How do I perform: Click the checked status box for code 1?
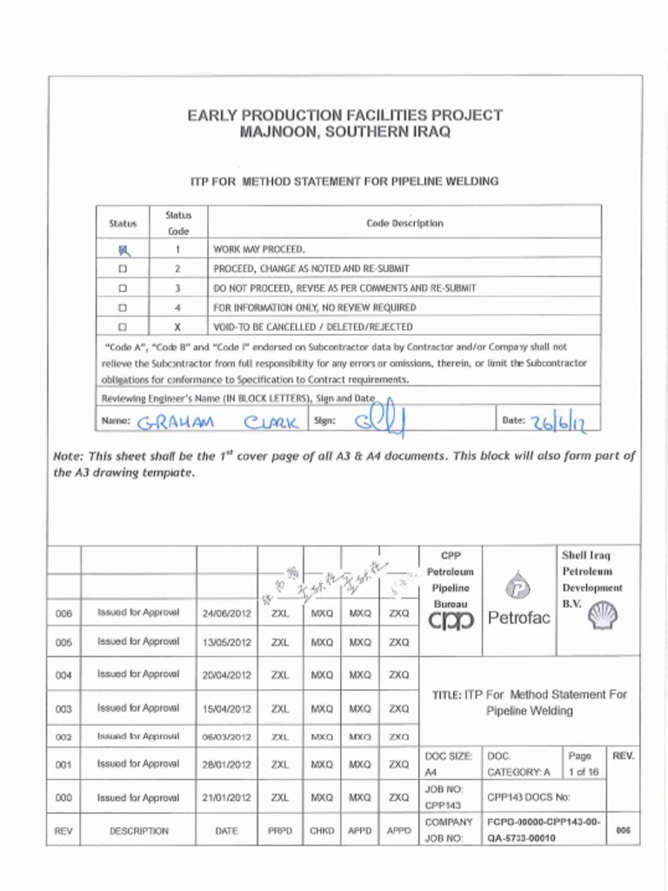pos(123,250)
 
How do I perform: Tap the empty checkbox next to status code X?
pos(123,327)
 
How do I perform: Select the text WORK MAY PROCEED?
pos(259,249)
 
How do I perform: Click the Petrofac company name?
pos(519,620)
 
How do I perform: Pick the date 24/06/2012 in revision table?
pos(226,613)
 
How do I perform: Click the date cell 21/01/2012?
pos(226,798)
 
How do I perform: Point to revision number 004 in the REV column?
pos(63,675)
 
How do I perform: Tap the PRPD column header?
pos(279,831)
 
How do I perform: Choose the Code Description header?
pos(404,224)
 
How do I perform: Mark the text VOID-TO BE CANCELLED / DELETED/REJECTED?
pos(313,327)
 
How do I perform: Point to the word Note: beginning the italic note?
pos(70,456)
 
